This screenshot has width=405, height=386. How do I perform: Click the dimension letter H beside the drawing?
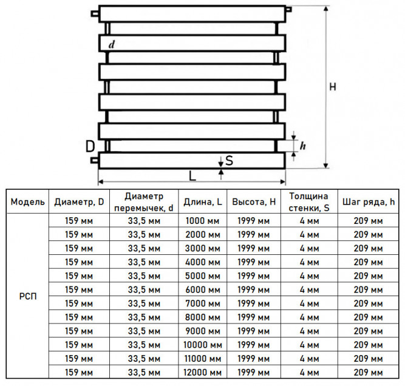pyautogui.click(x=333, y=87)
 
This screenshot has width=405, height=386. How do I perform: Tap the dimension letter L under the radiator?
pyautogui.click(x=192, y=176)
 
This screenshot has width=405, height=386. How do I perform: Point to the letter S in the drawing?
pyautogui.click(x=229, y=160)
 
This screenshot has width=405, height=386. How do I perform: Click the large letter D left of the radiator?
pyautogui.click(x=90, y=146)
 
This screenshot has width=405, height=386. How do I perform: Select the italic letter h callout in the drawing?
pyautogui.click(x=303, y=146)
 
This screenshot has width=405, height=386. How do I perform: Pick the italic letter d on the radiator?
pyautogui.click(x=112, y=44)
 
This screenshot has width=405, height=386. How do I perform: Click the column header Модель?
pyautogui.click(x=28, y=201)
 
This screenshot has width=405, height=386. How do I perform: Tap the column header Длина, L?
pyautogui.click(x=203, y=201)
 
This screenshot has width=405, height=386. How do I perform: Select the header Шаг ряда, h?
pyautogui.click(x=369, y=201)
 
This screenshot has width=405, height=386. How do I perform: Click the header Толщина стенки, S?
pyautogui.click(x=309, y=202)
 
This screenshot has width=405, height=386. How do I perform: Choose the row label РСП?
pyautogui.click(x=28, y=296)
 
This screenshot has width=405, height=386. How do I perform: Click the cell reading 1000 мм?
pyautogui.click(x=203, y=221)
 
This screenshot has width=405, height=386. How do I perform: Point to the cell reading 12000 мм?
pyautogui.click(x=203, y=372)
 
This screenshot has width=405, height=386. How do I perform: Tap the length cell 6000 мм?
pyautogui.click(x=203, y=289)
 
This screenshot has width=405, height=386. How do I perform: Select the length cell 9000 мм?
pyautogui.click(x=203, y=331)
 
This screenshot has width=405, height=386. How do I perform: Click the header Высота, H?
pyautogui.click(x=254, y=201)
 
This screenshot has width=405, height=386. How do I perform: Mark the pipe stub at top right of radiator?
pyautogui.click(x=289, y=10)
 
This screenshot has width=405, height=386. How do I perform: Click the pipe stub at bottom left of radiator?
pyautogui.click(x=95, y=160)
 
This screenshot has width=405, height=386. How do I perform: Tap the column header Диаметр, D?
pyautogui.click(x=79, y=201)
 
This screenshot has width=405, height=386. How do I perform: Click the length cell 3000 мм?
pyautogui.click(x=203, y=248)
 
